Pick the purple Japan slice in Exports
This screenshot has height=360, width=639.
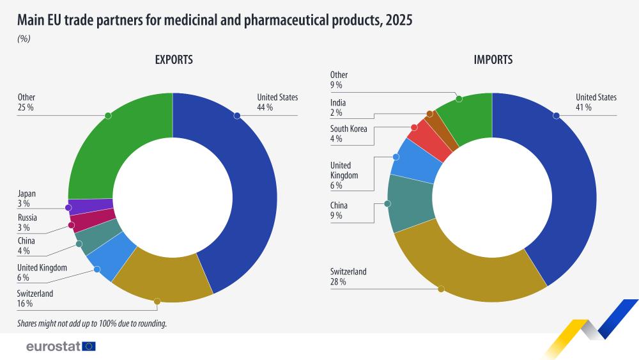click(89, 207)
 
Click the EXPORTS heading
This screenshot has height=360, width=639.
click(174, 60)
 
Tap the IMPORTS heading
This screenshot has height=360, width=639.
click(493, 60)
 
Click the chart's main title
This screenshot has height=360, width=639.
click(215, 20)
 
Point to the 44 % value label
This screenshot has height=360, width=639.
click(265, 107)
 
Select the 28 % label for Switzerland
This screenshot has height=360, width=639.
click(338, 282)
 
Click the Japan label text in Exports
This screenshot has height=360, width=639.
click(27, 194)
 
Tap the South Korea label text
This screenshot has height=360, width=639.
click(349, 129)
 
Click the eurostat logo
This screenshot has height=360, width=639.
click(61, 346)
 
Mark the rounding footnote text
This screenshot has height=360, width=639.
click(92, 324)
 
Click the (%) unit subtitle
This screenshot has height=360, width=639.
click(24, 38)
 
